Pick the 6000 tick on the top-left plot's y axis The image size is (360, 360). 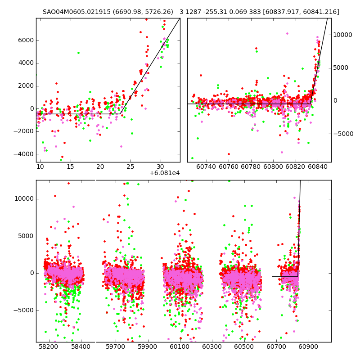25,40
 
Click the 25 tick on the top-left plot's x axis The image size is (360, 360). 130,167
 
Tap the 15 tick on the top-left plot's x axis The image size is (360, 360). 70,167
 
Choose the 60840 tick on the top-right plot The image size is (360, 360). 318,167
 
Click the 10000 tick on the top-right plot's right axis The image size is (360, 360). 343,35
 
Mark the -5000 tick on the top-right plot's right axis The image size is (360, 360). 343,134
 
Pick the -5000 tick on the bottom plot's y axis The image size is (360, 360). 24,310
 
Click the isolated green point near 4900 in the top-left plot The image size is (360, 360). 78,53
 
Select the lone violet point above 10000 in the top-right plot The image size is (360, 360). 287,33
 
